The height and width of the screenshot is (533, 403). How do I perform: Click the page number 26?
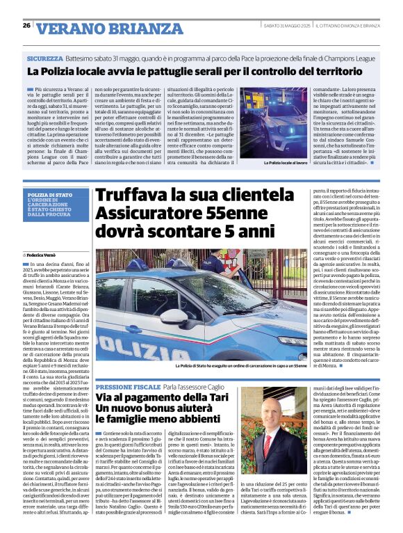coord(25,25)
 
